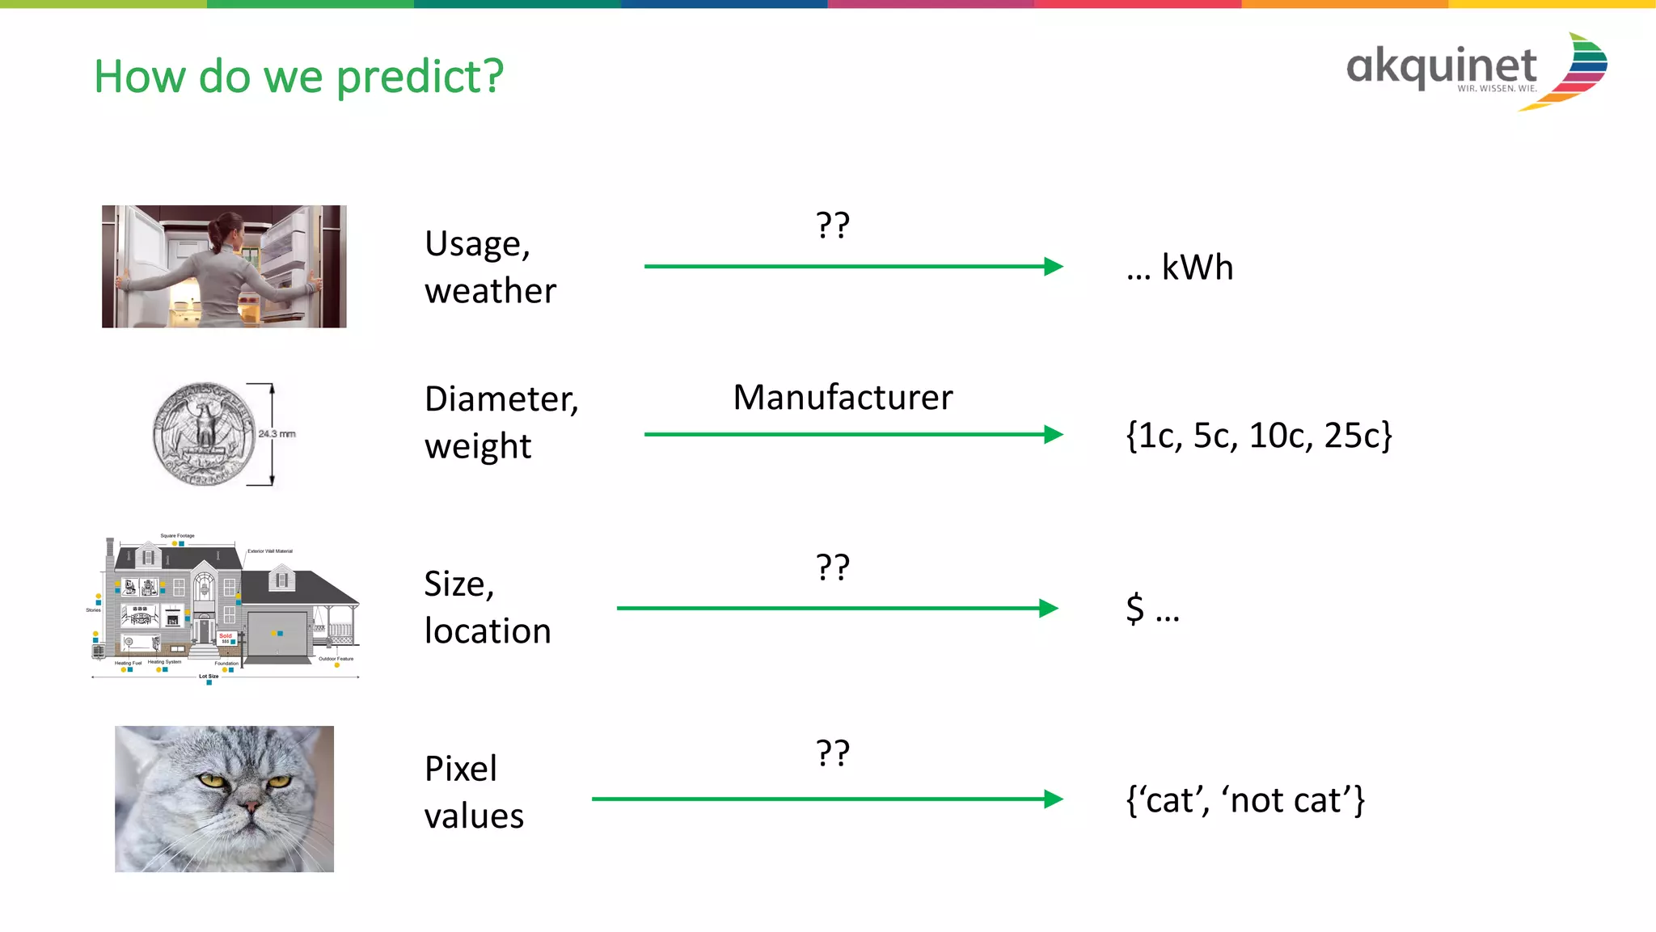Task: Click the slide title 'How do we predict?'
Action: pyautogui.click(x=298, y=77)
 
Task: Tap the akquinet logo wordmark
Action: pyautogui.click(x=1441, y=66)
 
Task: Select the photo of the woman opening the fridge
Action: pyautogui.click(x=224, y=266)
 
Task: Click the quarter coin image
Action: pyautogui.click(x=204, y=434)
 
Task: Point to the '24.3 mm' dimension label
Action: pyautogui.click(x=277, y=434)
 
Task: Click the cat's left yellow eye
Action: pyautogui.click(x=212, y=780)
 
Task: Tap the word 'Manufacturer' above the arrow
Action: pyautogui.click(x=843, y=398)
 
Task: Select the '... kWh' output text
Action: pyautogui.click(x=1180, y=268)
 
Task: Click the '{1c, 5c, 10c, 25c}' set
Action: pyautogui.click(x=1259, y=436)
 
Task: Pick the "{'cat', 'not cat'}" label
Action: pyautogui.click(x=1245, y=800)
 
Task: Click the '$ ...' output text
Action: pyautogui.click(x=1152, y=609)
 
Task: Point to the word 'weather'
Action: pyautogui.click(x=490, y=291)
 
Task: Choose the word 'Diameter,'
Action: pyautogui.click(x=501, y=399)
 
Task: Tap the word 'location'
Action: pyautogui.click(x=488, y=631)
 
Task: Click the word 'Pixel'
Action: pyautogui.click(x=461, y=769)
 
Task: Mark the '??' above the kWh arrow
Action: pyautogui.click(x=832, y=226)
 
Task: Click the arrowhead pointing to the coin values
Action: pyautogui.click(x=1053, y=435)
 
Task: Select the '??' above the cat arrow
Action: pyautogui.click(x=832, y=753)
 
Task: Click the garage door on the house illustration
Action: pyautogui.click(x=277, y=635)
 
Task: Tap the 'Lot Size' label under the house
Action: pyautogui.click(x=209, y=677)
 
